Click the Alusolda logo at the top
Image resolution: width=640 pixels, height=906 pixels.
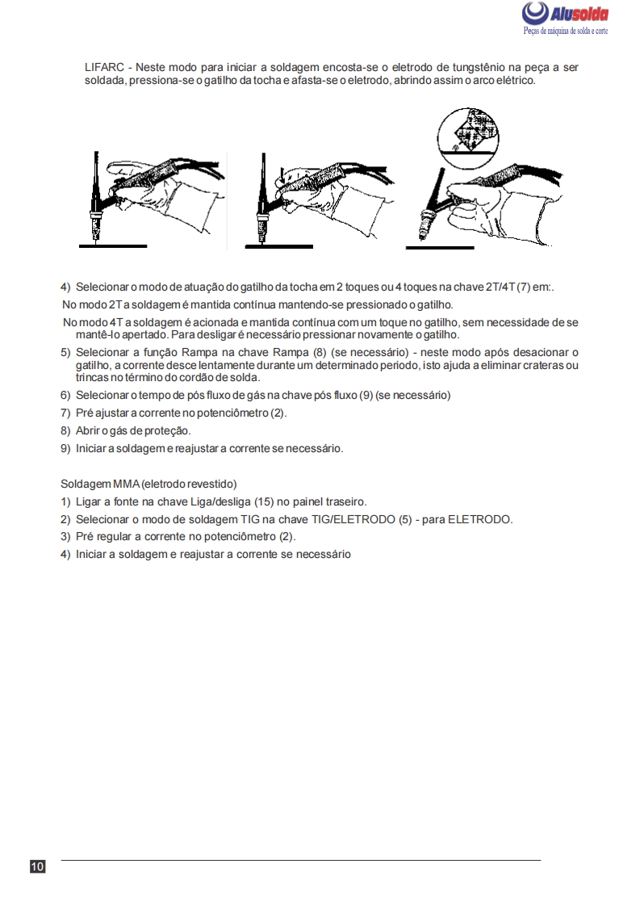click(565, 14)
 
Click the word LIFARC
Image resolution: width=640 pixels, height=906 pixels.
click(103, 67)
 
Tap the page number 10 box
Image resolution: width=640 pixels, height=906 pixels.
click(37, 867)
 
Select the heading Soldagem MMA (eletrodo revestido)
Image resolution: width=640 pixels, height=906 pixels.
click(148, 484)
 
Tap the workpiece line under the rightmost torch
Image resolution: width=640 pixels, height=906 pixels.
click(440, 247)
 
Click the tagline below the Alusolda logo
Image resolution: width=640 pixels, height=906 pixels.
click(565, 31)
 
